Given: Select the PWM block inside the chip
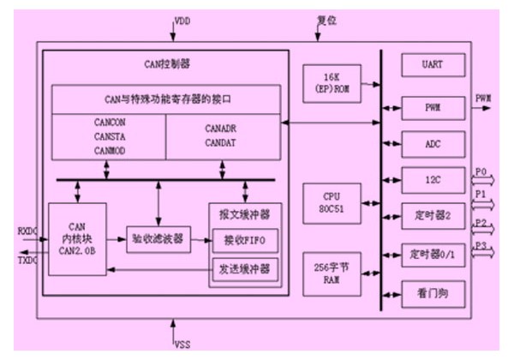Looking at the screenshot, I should pos(433,109).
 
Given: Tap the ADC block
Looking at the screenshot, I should pos(433,142).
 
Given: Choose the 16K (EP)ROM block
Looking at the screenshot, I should pos(332,83).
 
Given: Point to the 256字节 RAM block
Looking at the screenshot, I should pos(332,273).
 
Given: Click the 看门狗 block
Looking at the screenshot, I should pos(433,292).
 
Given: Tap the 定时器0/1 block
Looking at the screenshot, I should pos(433,254).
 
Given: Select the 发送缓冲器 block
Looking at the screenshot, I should pos(245,269).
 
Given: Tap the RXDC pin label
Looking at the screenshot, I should pos(27,231).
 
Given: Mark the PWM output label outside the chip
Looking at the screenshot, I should pos(483,99).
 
